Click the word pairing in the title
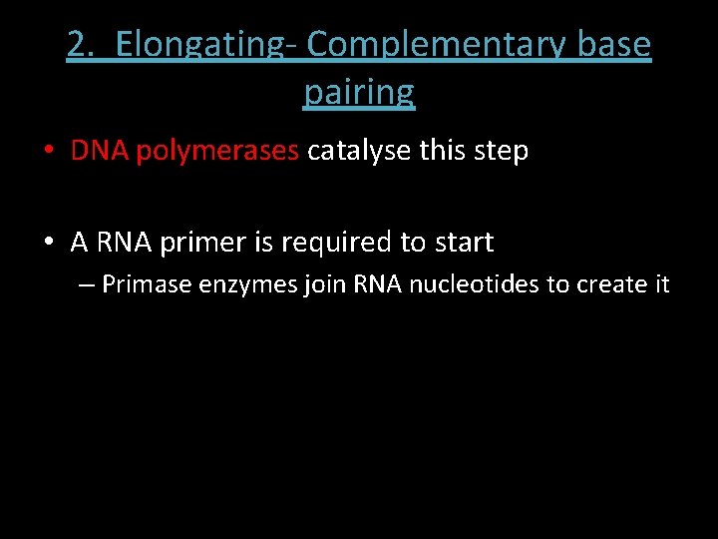[x=359, y=92]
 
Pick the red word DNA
[x=100, y=151]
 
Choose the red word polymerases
[x=217, y=151]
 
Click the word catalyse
[x=360, y=151]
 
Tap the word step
[x=502, y=153]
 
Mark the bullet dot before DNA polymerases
[x=49, y=152]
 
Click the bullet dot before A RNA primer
[x=49, y=243]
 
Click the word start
[x=462, y=243]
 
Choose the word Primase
[x=148, y=284]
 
